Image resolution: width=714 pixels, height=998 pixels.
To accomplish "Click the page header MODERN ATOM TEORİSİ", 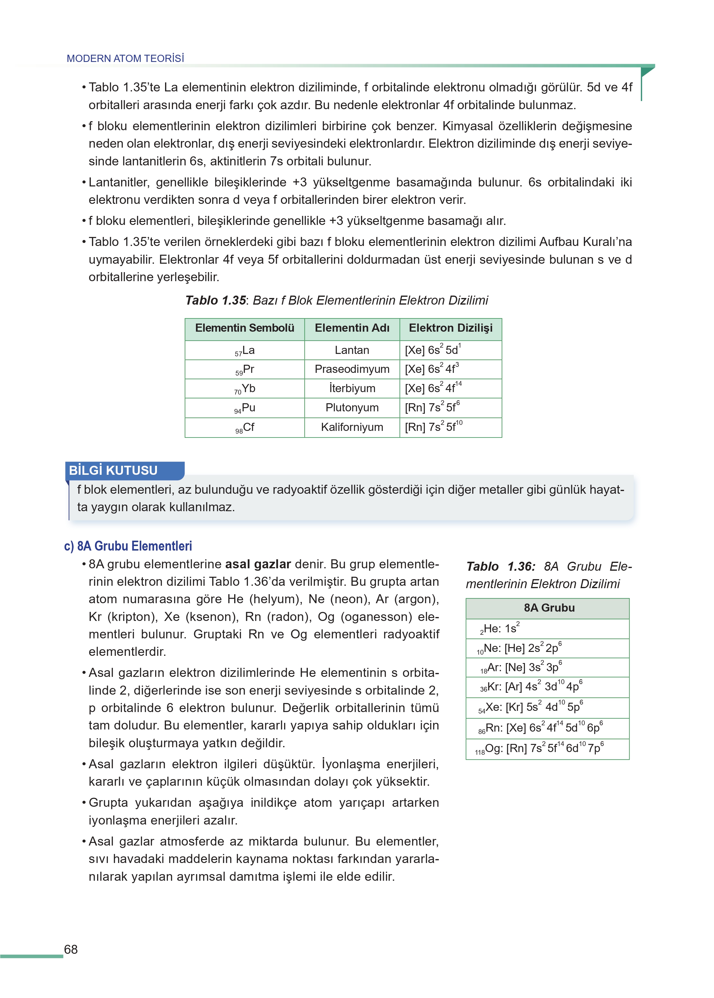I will [x=125, y=58].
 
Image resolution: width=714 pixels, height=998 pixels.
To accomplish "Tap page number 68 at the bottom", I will [x=71, y=949].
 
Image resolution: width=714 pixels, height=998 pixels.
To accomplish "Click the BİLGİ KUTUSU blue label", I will [x=113, y=470].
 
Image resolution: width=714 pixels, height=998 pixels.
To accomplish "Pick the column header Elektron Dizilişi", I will [x=450, y=328].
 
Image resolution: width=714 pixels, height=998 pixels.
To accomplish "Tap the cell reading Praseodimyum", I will [x=352, y=369].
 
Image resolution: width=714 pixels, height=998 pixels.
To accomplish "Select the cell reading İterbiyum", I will [x=352, y=389].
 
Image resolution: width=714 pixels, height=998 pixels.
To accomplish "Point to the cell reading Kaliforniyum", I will [x=352, y=427].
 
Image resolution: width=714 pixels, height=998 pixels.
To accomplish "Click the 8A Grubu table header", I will [x=549, y=608].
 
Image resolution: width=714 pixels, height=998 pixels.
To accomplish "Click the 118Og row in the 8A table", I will [x=539, y=748].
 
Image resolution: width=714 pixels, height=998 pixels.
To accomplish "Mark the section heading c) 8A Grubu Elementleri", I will [x=128, y=546].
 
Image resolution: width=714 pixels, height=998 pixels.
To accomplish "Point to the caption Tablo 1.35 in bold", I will [x=216, y=300].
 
